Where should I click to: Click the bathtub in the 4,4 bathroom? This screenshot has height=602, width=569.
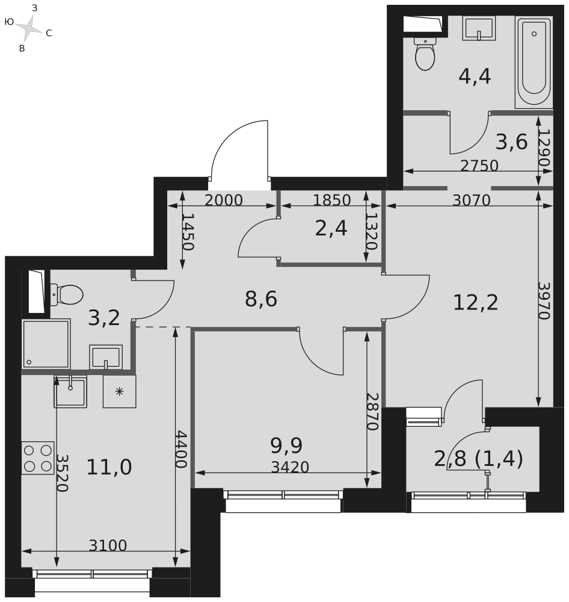pos(534,62)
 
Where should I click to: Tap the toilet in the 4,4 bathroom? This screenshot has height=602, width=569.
pos(425,54)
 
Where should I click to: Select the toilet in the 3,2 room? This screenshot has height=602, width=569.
pos(66,295)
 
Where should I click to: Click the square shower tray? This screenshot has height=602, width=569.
pos(46,344)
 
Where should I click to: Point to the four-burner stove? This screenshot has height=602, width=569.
pos(38,458)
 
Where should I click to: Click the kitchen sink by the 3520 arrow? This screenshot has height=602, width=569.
pos(70,391)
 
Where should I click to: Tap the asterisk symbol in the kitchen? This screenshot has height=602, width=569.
pos(120,392)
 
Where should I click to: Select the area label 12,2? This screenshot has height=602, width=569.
pos(475,302)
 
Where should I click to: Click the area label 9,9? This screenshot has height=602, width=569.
pos(286,445)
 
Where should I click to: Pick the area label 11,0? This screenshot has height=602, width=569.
pos(109,467)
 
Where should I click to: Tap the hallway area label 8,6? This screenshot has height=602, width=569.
pos(261,299)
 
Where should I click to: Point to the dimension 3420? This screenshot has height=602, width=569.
pos(290,467)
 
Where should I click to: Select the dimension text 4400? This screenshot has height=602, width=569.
pos(180,449)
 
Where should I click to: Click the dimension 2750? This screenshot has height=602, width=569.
pos(479,166)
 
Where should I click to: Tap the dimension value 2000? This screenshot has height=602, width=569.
pos(223,200)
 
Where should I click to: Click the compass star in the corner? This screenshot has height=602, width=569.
pos(29,27)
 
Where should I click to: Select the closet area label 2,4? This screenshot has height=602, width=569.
pos(331,228)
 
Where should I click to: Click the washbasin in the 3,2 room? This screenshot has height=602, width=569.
pos(106,357)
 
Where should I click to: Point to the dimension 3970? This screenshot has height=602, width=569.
pos(544,301)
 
